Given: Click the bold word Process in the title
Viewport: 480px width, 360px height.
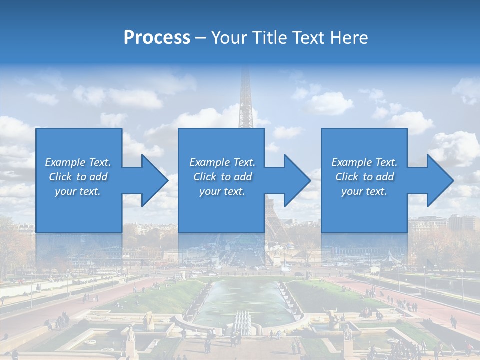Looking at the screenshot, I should [x=157, y=38].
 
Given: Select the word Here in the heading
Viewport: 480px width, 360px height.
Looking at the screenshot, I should [x=349, y=38].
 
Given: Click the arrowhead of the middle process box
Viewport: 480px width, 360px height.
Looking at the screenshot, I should [x=296, y=180].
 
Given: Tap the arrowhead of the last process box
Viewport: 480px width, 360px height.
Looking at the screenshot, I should [x=439, y=180].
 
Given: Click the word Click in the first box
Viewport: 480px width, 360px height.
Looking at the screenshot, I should [x=60, y=177].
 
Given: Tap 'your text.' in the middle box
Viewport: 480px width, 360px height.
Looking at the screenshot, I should [x=222, y=191].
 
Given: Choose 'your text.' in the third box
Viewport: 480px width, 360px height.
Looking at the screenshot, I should [x=364, y=191].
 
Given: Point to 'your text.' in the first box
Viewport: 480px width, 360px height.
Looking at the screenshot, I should [x=78, y=191].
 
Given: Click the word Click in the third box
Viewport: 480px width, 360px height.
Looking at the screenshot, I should [x=347, y=177].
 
